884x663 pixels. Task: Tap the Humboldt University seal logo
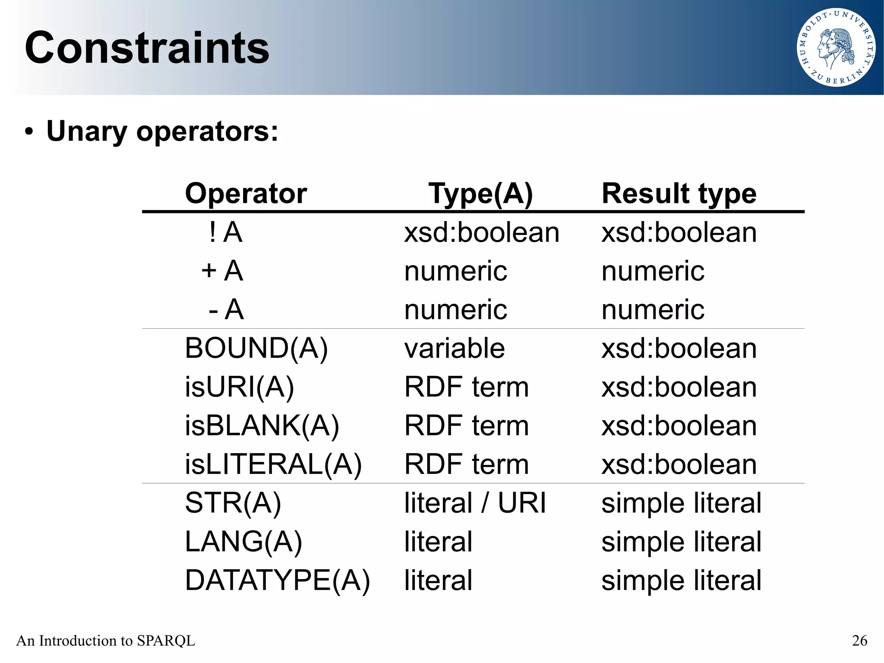[x=836, y=48]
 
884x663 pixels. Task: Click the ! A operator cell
[x=225, y=232]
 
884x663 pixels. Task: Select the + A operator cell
[x=222, y=271]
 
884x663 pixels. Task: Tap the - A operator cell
[x=226, y=309]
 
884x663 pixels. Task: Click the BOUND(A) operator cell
[x=256, y=348]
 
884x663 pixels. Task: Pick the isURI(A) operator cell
[x=240, y=387]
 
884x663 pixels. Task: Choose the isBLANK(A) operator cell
[x=262, y=425]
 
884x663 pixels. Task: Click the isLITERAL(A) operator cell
[x=273, y=464]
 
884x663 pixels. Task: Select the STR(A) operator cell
[x=233, y=503]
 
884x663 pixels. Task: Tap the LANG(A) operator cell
[x=243, y=542]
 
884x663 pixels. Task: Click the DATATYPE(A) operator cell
[x=278, y=580]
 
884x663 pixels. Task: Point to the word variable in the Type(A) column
[x=455, y=348]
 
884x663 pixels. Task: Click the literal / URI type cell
[x=475, y=503]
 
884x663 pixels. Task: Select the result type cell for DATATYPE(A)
[x=681, y=580]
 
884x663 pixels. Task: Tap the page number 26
[x=859, y=641]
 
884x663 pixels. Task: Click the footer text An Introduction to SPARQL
[x=106, y=641]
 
